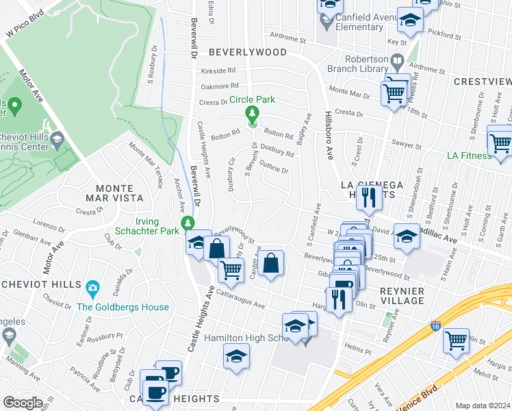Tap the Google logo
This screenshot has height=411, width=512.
[22, 403]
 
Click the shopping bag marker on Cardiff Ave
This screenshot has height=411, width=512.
[271, 262]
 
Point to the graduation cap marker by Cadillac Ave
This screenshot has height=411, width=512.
[407, 236]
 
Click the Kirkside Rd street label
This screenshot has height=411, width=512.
[218, 71]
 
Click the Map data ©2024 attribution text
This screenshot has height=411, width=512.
[483, 406]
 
